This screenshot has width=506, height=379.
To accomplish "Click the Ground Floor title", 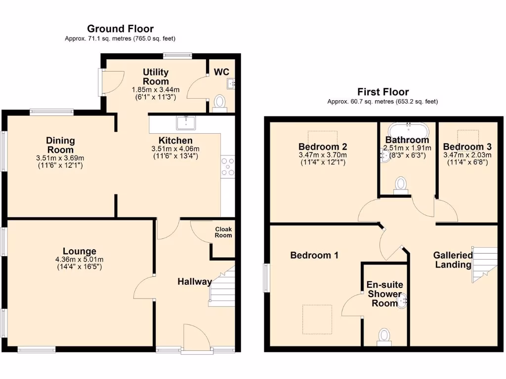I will pyautogui.click(x=120, y=29).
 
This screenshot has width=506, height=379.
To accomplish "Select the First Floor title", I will pyautogui.click(x=383, y=92).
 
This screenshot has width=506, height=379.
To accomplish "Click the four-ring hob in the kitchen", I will pyautogui.click(x=228, y=166).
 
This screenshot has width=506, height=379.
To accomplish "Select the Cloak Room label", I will pyautogui.click(x=223, y=232).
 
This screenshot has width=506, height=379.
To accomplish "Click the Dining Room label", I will pyautogui.click(x=60, y=146).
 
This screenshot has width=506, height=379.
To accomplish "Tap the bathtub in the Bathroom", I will pyautogui.click(x=408, y=130).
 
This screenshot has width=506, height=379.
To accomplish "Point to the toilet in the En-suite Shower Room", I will pyautogui.click(x=384, y=337).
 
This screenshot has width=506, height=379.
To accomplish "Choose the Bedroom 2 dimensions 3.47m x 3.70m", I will pyautogui.click(x=322, y=155).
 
